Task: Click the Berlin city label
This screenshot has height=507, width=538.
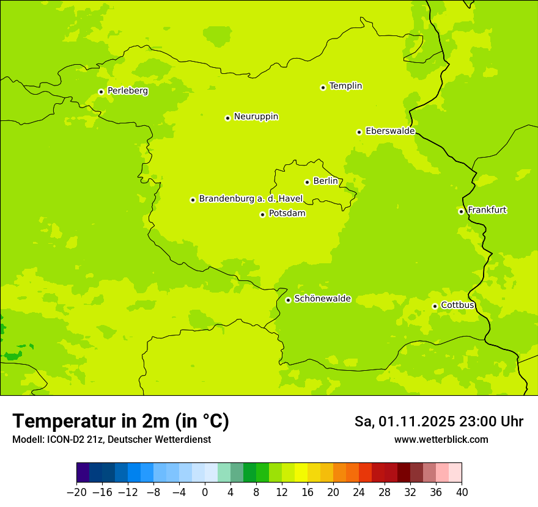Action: click(325, 181)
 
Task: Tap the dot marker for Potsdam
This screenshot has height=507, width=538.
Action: click(263, 214)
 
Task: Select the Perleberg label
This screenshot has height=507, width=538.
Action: click(128, 91)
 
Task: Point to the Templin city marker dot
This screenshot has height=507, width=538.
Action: click(323, 87)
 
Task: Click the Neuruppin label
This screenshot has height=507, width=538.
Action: click(256, 117)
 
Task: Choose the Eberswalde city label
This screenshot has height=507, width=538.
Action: click(390, 131)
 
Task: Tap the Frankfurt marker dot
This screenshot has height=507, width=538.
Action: click(462, 211)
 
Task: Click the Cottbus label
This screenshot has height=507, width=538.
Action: click(457, 305)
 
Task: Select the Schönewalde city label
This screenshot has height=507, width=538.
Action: click(323, 299)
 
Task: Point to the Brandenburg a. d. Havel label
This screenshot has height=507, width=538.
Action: click(251, 199)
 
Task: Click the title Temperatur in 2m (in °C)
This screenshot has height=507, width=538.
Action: click(120, 421)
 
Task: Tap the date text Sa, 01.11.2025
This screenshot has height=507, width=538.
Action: click(403, 422)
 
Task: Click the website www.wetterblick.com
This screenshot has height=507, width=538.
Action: click(441, 440)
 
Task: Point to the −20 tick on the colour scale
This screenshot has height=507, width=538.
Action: click(76, 492)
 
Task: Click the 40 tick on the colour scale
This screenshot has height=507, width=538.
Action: click(462, 492)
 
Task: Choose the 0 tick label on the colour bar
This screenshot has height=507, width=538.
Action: click(205, 492)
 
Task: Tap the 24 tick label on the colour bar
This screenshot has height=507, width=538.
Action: click(359, 492)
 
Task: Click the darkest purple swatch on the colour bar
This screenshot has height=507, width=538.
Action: click(83, 473)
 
